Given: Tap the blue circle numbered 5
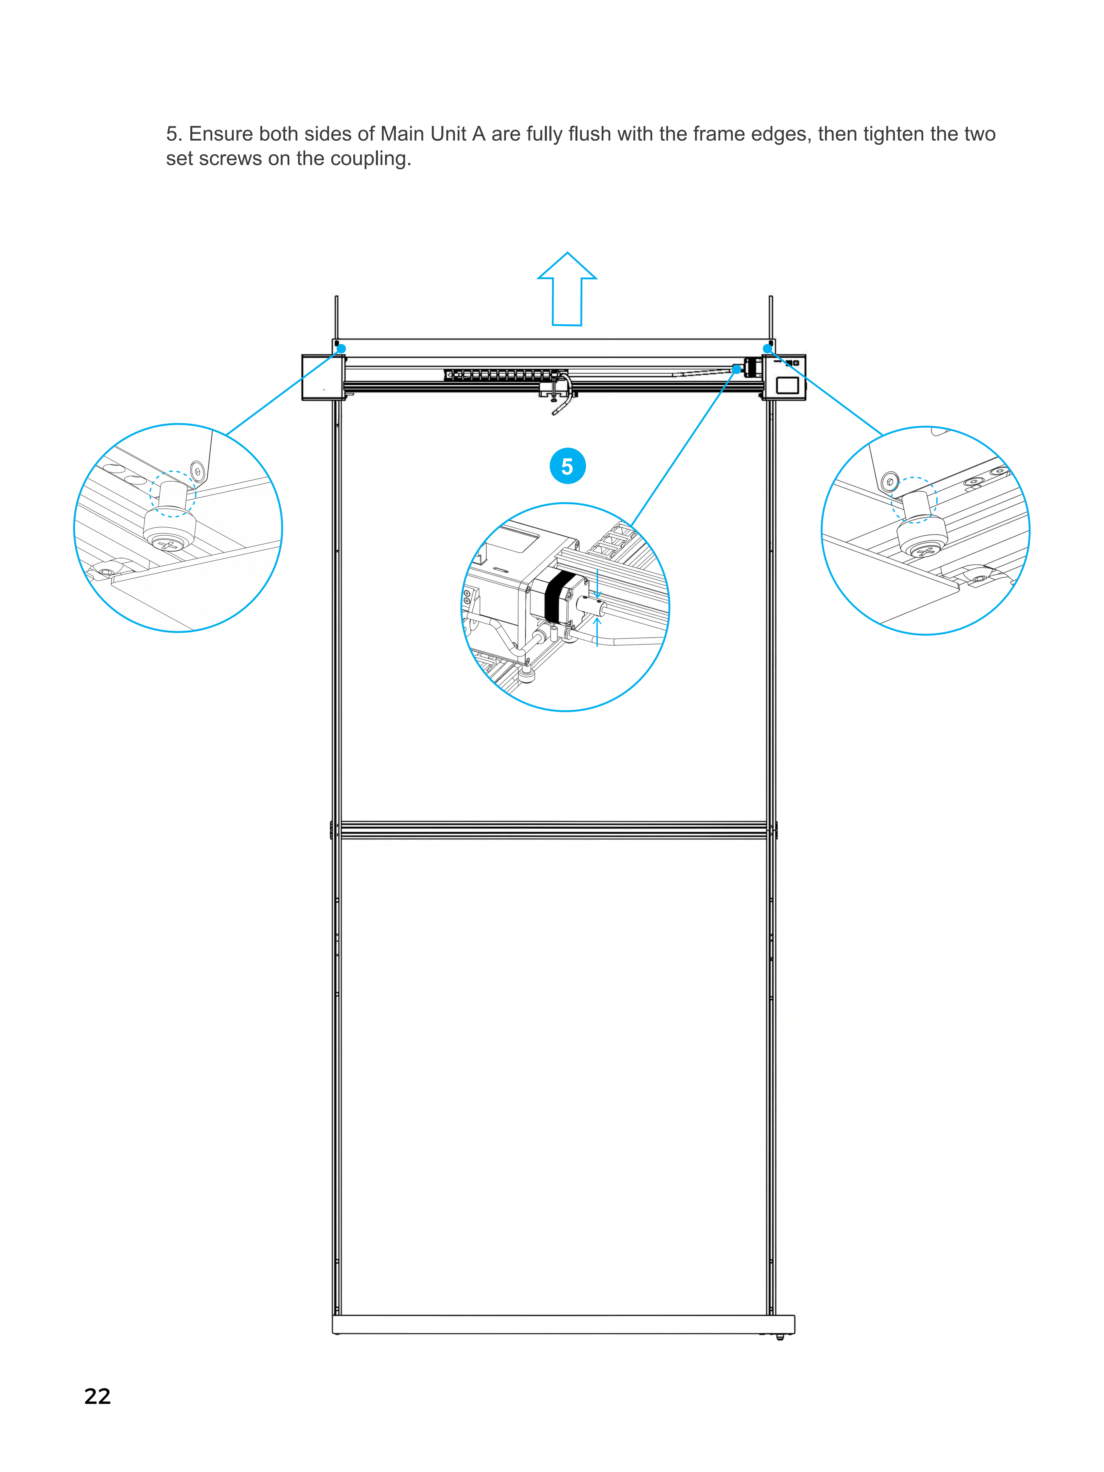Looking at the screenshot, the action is click(567, 467).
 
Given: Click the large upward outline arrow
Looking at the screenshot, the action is click(567, 289).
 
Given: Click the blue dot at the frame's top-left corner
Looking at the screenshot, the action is click(341, 349).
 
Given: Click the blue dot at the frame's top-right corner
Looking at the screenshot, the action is click(767, 349).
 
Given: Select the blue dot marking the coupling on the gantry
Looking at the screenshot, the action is click(737, 369).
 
